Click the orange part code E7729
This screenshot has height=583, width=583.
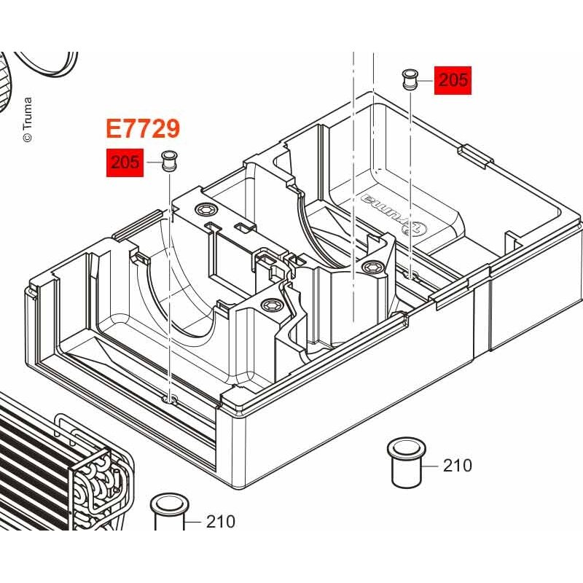click(143, 129)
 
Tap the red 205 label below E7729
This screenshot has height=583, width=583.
click(125, 163)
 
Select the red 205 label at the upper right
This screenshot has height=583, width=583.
click(453, 80)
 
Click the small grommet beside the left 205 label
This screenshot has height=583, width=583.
click(169, 161)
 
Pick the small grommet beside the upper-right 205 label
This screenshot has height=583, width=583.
click(410, 79)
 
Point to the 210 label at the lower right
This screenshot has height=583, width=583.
click(458, 466)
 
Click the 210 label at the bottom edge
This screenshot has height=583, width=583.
click(221, 522)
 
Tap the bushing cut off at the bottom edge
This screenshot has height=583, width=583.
click(169, 512)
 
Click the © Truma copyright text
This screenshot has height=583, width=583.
click(28, 120)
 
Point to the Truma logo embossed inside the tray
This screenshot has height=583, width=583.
click(394, 214)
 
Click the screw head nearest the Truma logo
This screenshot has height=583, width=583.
click(371, 266)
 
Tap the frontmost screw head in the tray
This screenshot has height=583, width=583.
click(268, 305)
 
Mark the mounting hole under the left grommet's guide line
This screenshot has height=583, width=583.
click(171, 400)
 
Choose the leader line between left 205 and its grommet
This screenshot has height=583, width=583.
click(154, 163)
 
